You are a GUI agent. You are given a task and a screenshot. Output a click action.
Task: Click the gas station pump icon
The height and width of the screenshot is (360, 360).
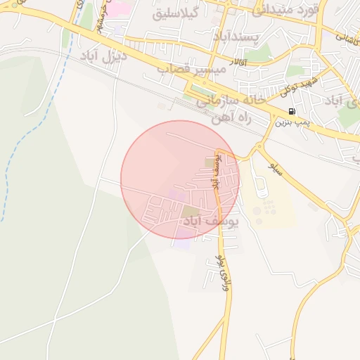292,112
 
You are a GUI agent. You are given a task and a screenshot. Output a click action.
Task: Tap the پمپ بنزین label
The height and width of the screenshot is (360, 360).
292,122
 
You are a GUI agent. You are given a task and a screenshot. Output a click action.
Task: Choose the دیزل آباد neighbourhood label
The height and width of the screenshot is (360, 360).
105,55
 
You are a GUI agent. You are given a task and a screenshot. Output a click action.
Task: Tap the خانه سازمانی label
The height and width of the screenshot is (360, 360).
232,101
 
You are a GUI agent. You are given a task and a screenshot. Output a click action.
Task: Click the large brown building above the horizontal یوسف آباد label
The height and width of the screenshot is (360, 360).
191,211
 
